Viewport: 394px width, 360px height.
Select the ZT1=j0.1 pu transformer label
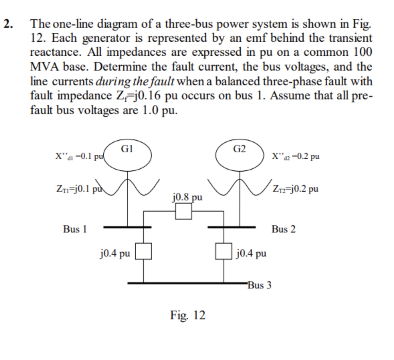pyautogui.click(x=77, y=189)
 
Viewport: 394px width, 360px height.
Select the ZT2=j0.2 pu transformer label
pyautogui.click(x=295, y=189)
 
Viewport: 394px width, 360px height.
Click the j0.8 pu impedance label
pyautogui.click(x=187, y=197)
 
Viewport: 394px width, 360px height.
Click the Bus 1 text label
pyautogui.click(x=75, y=229)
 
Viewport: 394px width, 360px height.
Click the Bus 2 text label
pyautogui.click(x=284, y=229)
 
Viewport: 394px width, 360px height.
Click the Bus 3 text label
pyautogui.click(x=259, y=285)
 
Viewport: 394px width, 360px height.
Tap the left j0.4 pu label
pyautogui.click(x=115, y=253)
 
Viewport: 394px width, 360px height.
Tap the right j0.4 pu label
pyautogui.click(x=251, y=253)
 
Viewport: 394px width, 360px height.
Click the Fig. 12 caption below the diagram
pyautogui.click(x=188, y=315)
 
